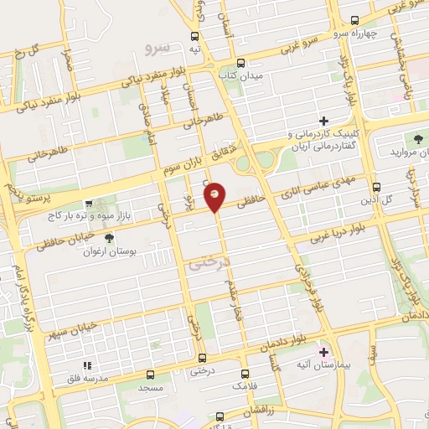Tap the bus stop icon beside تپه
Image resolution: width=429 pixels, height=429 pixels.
click(x=194, y=36)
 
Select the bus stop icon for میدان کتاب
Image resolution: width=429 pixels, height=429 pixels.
click(x=241, y=63)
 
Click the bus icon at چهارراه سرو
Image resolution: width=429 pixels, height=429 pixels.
click(x=354, y=21)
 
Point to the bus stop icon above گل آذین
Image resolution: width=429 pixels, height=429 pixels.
click(x=376, y=188)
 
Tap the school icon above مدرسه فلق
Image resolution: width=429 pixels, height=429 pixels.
click(x=86, y=366)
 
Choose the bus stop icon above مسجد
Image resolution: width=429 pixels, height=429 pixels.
click(x=151, y=375)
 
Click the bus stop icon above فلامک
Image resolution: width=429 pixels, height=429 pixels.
click(x=244, y=374)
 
